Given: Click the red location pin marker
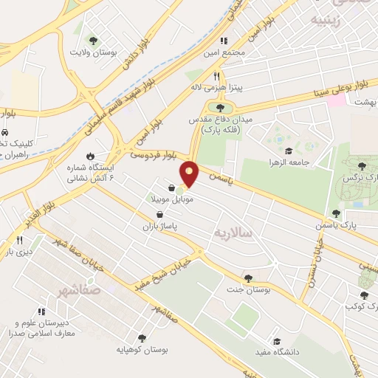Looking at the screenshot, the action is pos(190,173).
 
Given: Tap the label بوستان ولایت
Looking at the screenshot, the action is pos(94,52).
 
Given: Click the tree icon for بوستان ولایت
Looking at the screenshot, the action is pos(93,41).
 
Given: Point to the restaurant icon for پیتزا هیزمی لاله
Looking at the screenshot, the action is pos(216,75).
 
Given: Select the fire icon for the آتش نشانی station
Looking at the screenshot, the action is pos(90,157).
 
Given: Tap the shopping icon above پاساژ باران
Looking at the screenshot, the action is pos(160,215).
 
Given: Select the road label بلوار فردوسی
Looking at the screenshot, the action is pos(154,155).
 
